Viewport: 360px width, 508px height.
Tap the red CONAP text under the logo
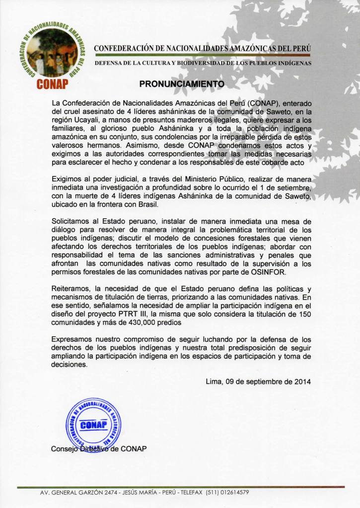click(52, 83)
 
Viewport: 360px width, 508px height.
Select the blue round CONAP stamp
click(93, 424)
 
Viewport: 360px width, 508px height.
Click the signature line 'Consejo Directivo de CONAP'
click(99, 449)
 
